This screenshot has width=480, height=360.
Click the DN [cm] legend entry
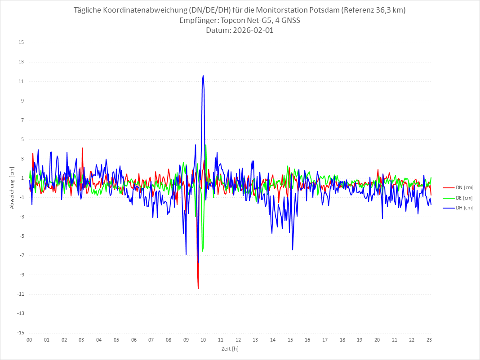coord(463,187)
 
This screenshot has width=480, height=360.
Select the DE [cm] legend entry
coord(463,198)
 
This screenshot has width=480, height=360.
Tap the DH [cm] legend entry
coord(463,208)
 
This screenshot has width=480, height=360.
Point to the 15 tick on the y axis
coord(21,43)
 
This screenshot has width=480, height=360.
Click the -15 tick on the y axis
coord(20,333)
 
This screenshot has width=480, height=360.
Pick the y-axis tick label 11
coord(21,81)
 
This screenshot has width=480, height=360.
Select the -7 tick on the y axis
coord(21,255)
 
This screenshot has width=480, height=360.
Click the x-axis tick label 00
coord(29,340)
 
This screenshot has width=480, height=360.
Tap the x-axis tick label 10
coord(203,340)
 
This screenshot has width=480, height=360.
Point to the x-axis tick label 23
coord(429,340)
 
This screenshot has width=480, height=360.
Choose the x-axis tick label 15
coord(290,340)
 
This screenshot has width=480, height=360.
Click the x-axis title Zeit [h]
coord(229,349)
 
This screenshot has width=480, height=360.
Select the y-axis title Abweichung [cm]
coord(12,188)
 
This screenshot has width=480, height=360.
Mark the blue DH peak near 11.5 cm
coord(203,76)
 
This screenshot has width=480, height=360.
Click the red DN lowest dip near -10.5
coord(198,288)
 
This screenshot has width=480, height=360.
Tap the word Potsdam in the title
coord(324,10)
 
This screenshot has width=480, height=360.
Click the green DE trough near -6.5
coord(203,251)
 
